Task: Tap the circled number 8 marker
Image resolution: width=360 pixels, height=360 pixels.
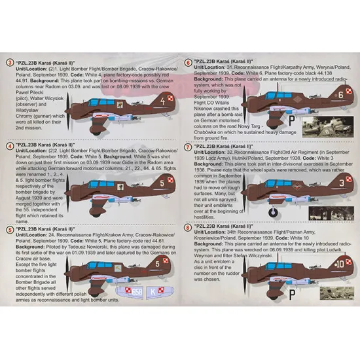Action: point(189,228)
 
